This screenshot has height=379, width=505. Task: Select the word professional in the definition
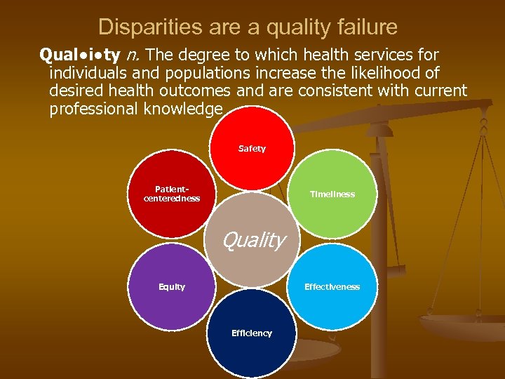[x=95, y=109]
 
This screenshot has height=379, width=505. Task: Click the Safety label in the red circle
[x=252, y=149]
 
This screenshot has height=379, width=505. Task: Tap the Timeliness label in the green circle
[x=332, y=194]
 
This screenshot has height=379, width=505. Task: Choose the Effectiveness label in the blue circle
[x=332, y=286]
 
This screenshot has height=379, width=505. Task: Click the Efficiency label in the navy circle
[x=252, y=333]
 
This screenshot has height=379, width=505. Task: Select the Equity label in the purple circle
[x=172, y=286]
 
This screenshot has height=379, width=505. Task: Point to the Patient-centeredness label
[x=172, y=194]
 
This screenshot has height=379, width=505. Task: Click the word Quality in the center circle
[x=253, y=241]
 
